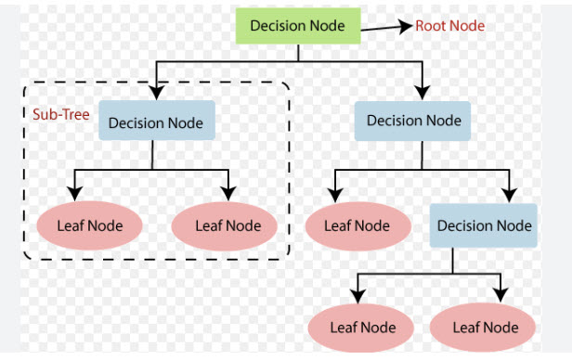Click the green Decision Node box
coord(298,25)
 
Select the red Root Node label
coord(450,26)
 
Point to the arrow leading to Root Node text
coord(385,28)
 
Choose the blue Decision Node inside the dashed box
coord(157,122)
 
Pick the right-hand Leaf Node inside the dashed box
coord(228,225)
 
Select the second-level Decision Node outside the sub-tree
coord(414,120)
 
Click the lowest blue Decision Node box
coord(484,225)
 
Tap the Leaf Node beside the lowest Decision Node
coord(357,225)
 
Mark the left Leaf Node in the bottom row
coord(363,327)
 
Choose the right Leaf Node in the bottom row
coord(485,327)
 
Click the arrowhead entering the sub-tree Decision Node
coord(157,93)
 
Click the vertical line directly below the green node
coord(298,52)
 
